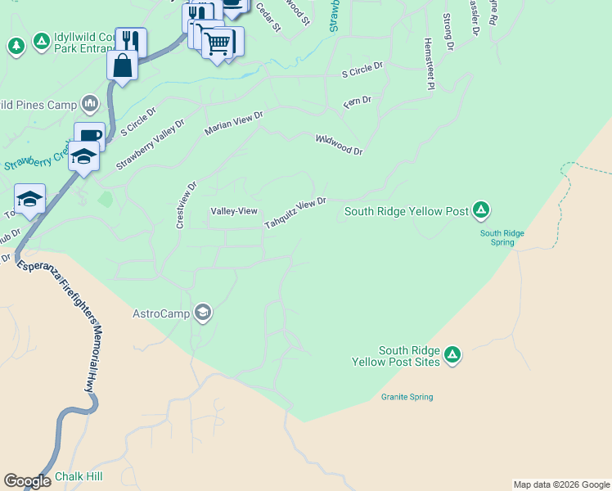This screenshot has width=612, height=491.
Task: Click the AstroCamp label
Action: point(161,313)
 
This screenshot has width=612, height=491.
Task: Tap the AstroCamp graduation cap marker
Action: point(203,313)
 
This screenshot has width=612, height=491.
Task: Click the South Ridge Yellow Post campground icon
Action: point(482,211)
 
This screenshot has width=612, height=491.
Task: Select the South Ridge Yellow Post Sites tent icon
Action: point(452,356)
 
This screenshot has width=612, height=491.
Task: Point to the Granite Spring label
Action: point(407,398)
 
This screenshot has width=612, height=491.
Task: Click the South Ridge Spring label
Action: point(502,237)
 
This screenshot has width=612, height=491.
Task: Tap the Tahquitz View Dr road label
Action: point(295,213)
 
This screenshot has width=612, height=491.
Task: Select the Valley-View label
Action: point(234,211)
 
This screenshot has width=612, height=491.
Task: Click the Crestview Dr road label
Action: point(181,205)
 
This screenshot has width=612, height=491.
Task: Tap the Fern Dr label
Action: point(357,100)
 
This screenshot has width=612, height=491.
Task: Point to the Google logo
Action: point(27,481)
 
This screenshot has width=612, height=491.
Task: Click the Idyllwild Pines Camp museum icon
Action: point(90,105)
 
